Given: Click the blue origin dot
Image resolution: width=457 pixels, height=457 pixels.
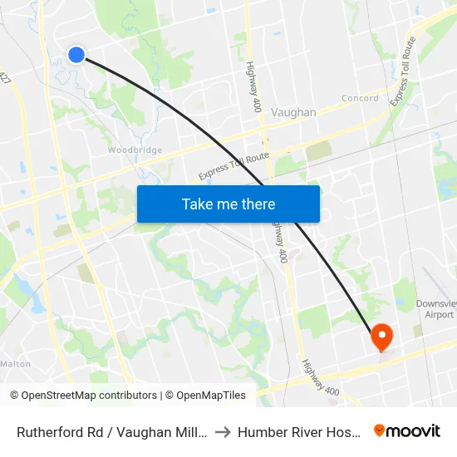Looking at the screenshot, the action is [76, 55].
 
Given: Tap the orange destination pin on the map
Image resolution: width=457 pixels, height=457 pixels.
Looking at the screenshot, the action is [381, 337].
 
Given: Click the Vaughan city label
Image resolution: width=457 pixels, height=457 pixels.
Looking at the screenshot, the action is [294, 112].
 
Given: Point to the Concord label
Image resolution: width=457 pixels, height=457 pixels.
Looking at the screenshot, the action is [361, 98].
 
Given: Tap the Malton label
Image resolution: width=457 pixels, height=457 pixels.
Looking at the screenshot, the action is [16, 364].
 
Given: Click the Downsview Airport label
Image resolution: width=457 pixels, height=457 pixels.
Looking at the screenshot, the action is [435, 310].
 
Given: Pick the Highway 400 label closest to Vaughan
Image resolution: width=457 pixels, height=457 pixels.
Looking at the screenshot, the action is [253, 88].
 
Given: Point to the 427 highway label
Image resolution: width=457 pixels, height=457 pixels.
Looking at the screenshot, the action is [7, 77].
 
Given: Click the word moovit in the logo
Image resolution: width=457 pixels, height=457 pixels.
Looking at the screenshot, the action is [415, 430].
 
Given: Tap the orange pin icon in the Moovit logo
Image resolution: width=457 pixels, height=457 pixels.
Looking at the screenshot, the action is [380, 430].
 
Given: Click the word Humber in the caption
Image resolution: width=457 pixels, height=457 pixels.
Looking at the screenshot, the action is [261, 431].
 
